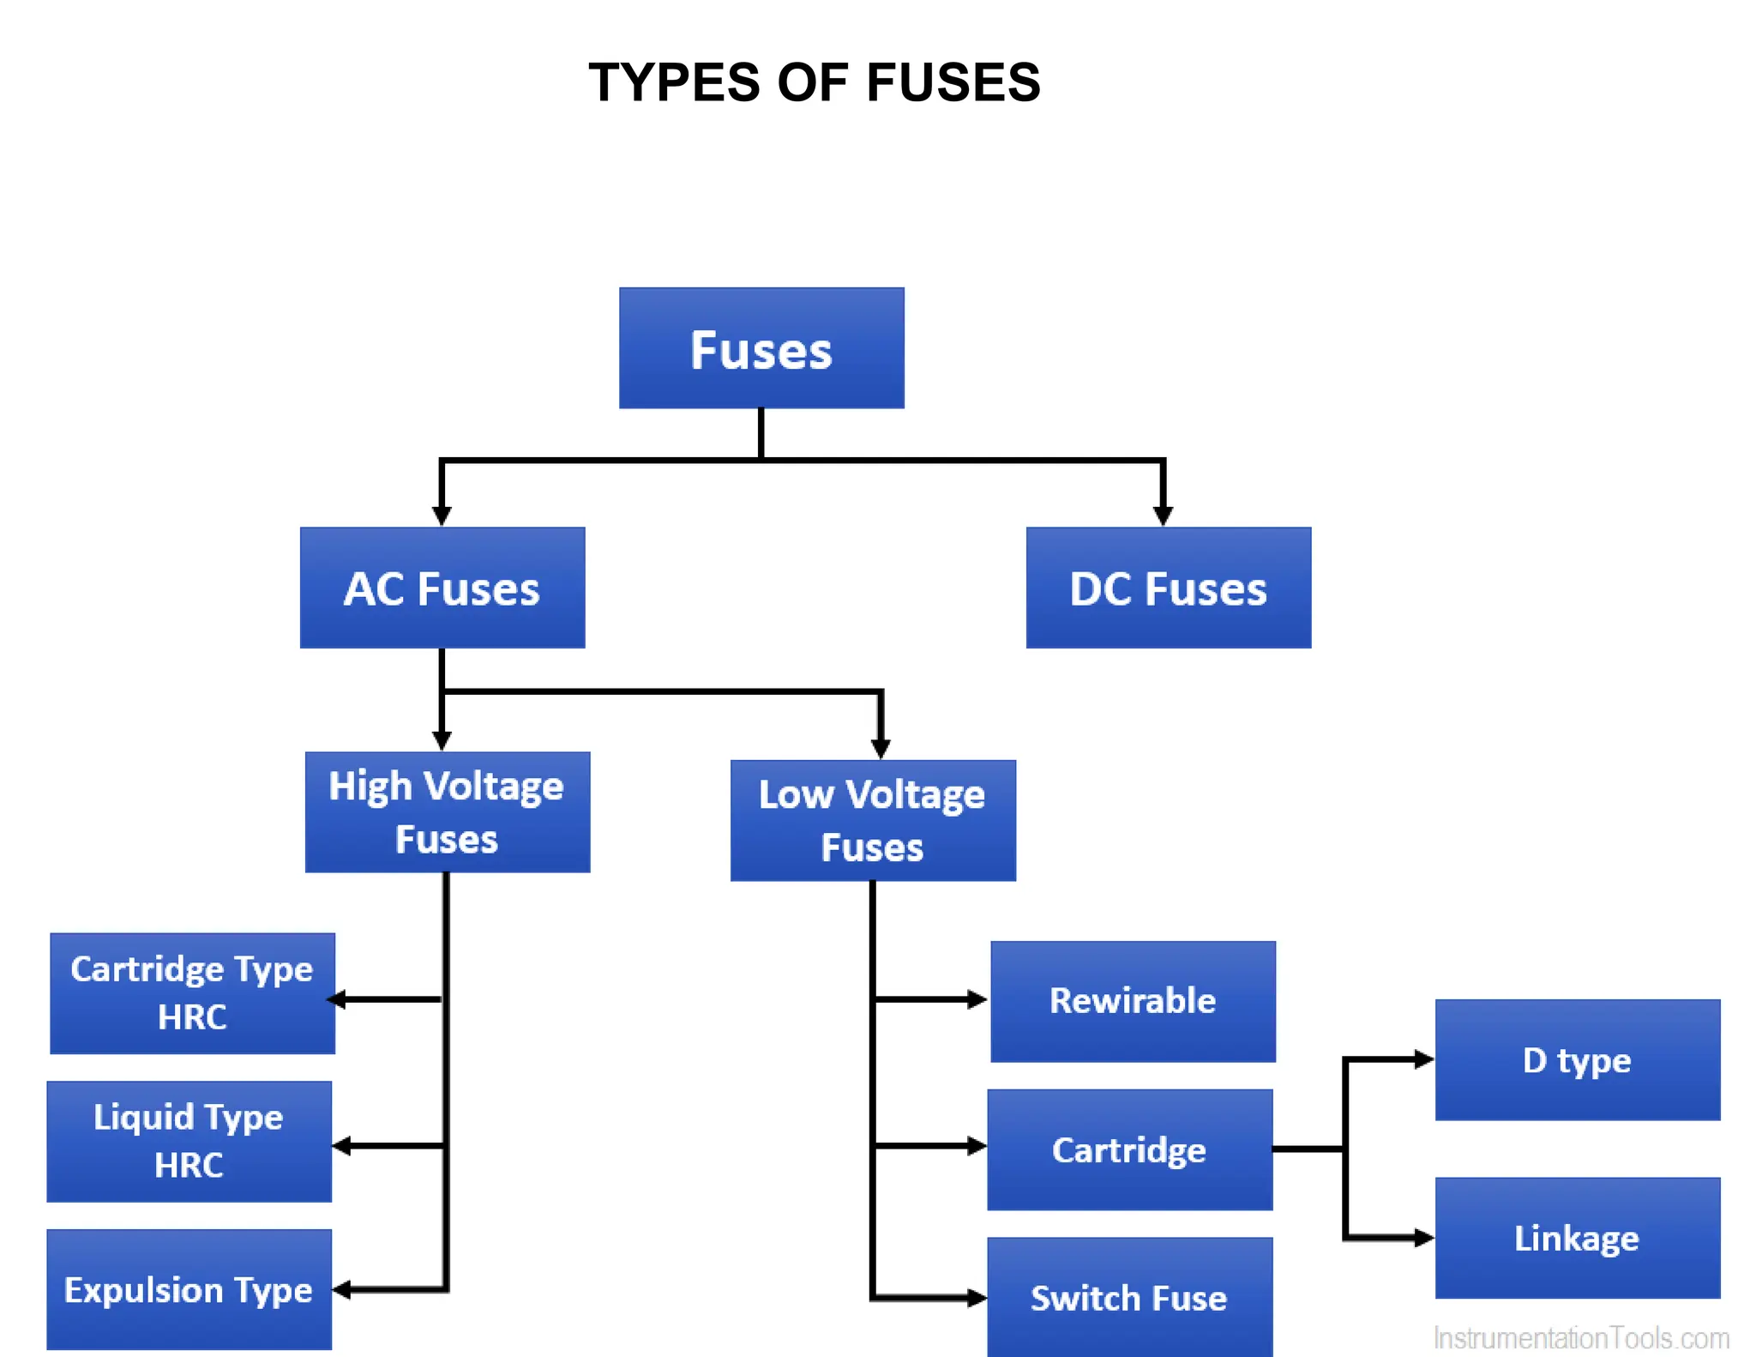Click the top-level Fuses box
coord(761,348)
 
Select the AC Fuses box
coord(442,588)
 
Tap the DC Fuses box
coord(1168,588)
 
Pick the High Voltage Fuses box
coord(448,812)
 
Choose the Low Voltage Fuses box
coord(873,821)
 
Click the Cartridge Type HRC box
coord(192,993)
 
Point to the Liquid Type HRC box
coord(189,1142)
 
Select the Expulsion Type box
coord(189,1289)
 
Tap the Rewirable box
coord(1133,1001)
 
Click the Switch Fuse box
coord(1129,1297)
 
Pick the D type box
coord(1578,1060)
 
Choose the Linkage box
coord(1578,1238)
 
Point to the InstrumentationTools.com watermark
coord(1581,1338)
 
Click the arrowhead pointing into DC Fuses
coord(1163,515)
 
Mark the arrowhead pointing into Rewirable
coord(977,999)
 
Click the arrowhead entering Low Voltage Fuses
coord(881,748)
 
